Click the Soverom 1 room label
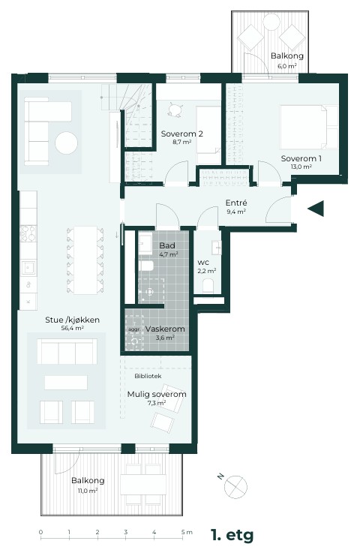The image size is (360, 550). (301, 158)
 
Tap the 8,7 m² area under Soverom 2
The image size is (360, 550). (182, 143)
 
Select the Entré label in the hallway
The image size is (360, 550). (236, 203)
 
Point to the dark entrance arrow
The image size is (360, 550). (316, 209)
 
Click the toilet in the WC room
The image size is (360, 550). (208, 286)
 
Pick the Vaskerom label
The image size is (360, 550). (165, 329)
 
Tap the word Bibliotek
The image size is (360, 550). (148, 376)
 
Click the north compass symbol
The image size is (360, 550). (235, 486)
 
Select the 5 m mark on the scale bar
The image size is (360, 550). (184, 532)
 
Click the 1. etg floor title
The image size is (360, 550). (232, 535)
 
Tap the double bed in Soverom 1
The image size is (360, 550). (308, 128)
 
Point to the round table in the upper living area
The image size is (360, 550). (66, 143)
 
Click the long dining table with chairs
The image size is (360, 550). (85, 260)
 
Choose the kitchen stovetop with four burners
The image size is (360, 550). (28, 233)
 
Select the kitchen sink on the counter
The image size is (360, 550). (28, 268)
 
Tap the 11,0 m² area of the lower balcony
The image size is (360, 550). (87, 491)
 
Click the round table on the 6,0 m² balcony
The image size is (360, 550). (271, 22)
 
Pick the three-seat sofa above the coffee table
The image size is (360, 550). (67, 351)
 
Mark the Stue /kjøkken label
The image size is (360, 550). (72, 320)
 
